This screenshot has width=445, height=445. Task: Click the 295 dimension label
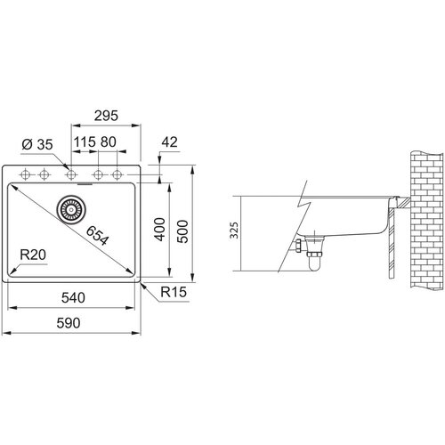click(x=106, y=116)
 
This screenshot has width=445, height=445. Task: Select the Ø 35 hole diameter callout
click(x=37, y=144)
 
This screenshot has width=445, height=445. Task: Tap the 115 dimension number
click(x=85, y=142)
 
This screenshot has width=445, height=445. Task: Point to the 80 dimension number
click(x=109, y=142)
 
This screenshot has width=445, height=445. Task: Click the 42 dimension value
click(x=169, y=142)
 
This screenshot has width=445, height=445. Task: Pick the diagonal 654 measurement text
click(x=98, y=236)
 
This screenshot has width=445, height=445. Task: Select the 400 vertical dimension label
click(x=160, y=230)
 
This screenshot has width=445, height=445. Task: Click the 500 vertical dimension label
click(x=182, y=231)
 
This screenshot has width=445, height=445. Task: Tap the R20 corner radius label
click(x=33, y=255)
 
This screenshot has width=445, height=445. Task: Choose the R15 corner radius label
click(x=174, y=292)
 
